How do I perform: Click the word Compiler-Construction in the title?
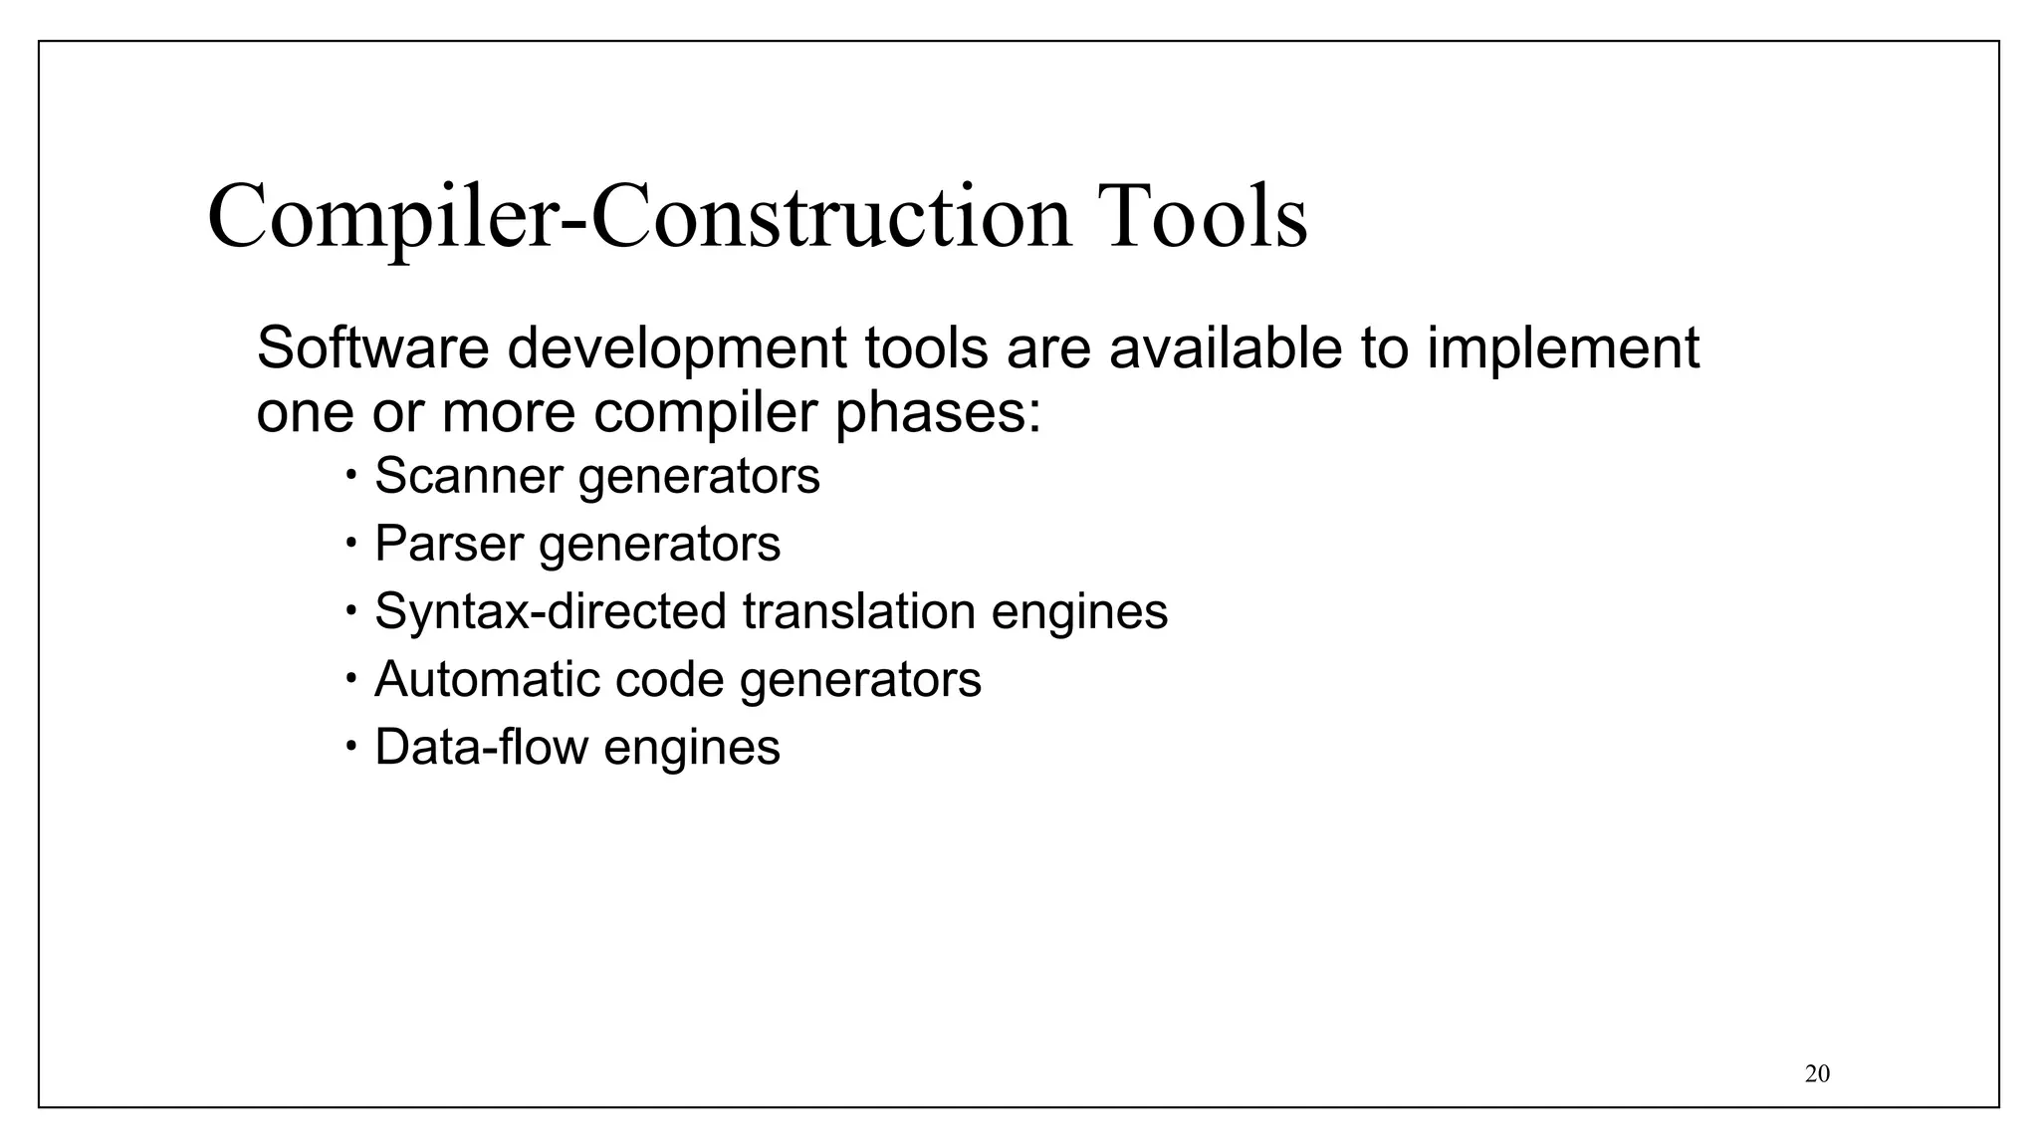(639, 217)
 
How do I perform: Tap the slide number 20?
(1817, 1073)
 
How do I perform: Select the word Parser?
(448, 544)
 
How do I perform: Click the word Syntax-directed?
(550, 611)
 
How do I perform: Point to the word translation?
(857, 611)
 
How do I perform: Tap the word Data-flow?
(480, 747)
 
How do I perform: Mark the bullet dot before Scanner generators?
(351, 474)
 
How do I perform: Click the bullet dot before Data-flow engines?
(351, 746)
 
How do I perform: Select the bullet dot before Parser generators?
(351, 543)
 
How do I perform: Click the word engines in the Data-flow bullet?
(691, 747)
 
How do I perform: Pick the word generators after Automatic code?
(860, 679)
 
